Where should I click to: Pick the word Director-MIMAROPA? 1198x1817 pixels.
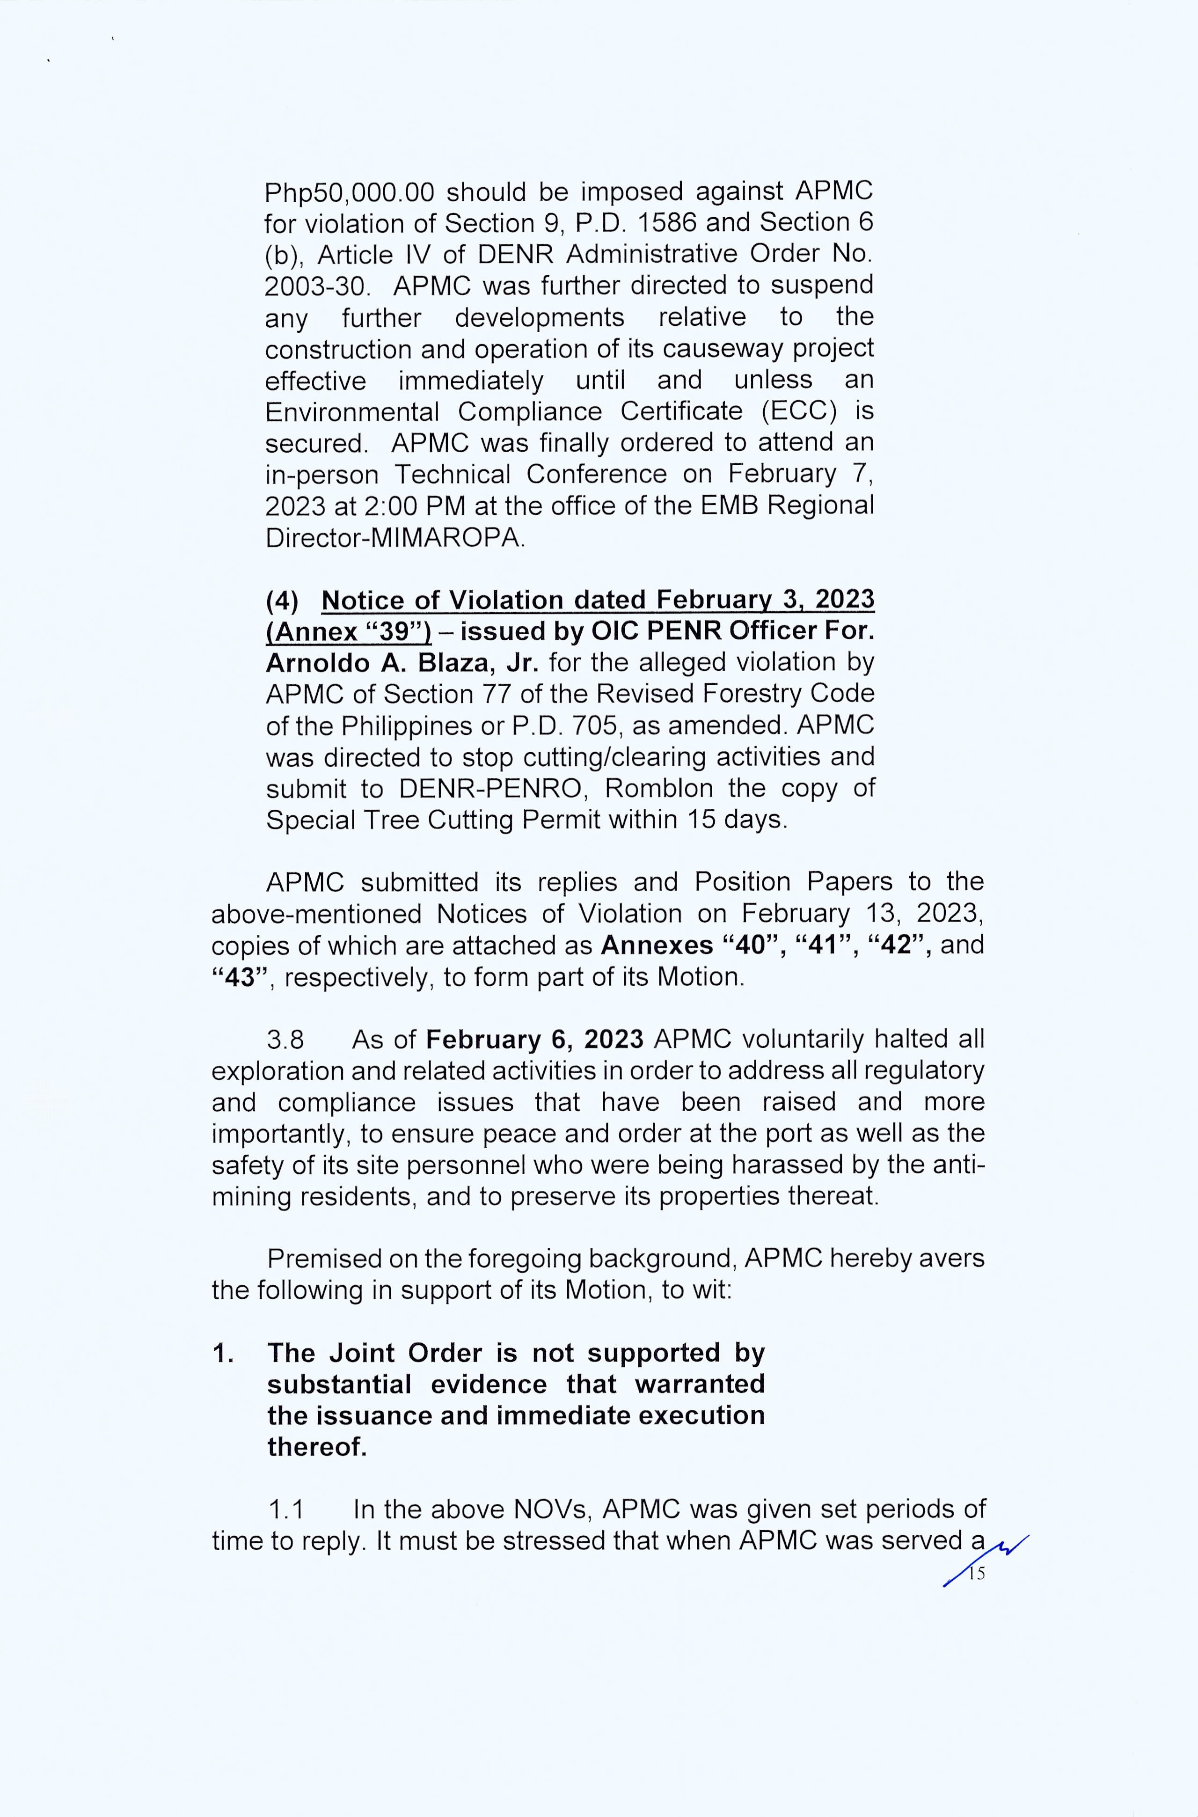coord(394,538)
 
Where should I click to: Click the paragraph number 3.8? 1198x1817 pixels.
coord(285,1040)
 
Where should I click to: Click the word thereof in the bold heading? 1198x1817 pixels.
coord(316,1447)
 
